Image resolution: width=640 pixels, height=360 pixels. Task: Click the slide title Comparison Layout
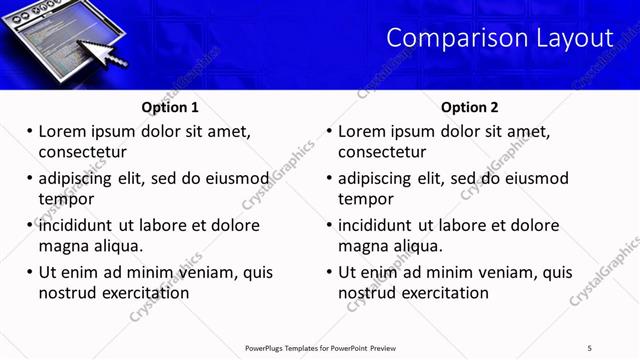point(499,38)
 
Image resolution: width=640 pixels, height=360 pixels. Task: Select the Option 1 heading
point(170,107)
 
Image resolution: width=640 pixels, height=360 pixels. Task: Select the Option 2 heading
point(469,107)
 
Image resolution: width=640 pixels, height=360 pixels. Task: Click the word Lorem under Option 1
point(62,131)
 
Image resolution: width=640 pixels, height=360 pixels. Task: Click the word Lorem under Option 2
point(362,131)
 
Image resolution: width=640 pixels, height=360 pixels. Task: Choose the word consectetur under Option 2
point(382,152)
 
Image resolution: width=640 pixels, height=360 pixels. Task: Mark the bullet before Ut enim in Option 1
point(29,272)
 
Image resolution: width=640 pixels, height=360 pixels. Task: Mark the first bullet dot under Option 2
point(329,131)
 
